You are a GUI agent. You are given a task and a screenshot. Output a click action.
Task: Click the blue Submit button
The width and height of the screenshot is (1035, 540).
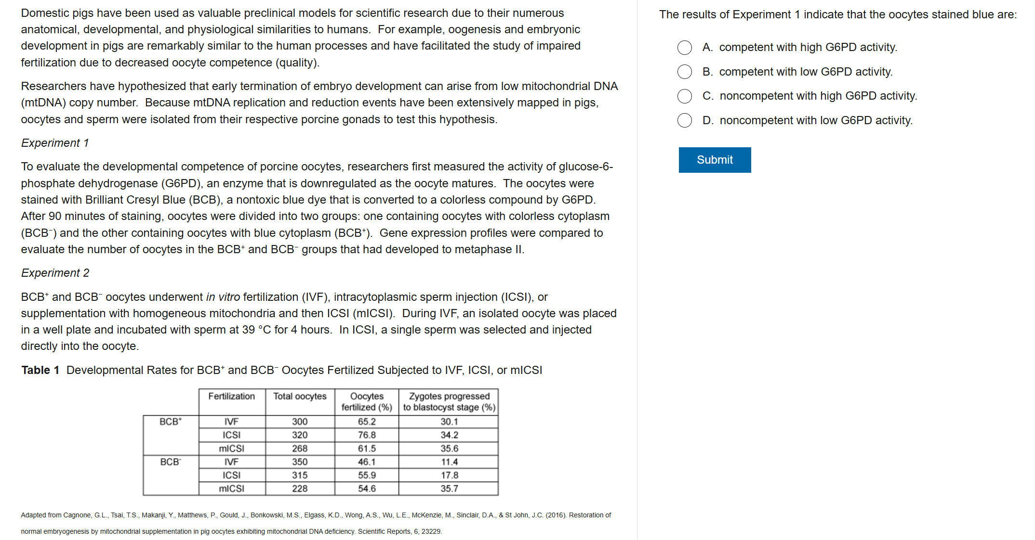[715, 160]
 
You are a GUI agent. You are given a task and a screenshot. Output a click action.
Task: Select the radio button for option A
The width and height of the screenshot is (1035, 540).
[684, 48]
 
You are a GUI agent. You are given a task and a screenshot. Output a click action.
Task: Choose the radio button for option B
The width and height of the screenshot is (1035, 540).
[684, 72]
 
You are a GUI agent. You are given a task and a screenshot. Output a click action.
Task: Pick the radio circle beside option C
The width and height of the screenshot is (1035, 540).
[684, 96]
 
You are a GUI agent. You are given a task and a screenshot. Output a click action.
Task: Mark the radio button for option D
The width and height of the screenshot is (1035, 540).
[684, 120]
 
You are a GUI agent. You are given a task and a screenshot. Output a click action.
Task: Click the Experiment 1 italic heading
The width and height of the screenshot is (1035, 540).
[55, 143]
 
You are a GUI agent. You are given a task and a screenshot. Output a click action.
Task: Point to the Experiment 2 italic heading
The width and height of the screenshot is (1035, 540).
[55, 273]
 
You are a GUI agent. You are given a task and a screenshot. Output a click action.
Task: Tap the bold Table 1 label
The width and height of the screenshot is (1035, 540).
[40, 370]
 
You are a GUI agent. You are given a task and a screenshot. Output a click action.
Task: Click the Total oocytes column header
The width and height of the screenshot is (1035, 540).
[300, 396]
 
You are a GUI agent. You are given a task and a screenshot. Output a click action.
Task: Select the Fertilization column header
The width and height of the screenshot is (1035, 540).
[231, 396]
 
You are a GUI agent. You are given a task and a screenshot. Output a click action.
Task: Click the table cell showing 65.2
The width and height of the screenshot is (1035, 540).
[367, 422]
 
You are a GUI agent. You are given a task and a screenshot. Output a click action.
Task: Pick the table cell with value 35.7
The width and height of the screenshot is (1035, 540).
[449, 489]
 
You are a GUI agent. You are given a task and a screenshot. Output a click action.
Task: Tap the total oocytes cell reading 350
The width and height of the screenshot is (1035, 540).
[300, 462]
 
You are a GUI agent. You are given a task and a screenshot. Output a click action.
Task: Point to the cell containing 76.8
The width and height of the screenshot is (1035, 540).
[367, 435]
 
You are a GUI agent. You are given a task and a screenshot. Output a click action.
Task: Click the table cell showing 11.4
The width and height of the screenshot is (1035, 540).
[449, 462]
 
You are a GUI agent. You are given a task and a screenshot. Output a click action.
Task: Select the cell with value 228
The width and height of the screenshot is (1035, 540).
[300, 489]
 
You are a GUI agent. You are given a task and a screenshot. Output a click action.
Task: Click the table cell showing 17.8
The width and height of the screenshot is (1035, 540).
[449, 475]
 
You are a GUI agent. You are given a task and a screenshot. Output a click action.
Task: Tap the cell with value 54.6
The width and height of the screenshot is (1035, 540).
[367, 489]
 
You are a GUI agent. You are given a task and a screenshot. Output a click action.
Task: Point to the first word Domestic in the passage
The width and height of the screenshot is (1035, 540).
[43, 13]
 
